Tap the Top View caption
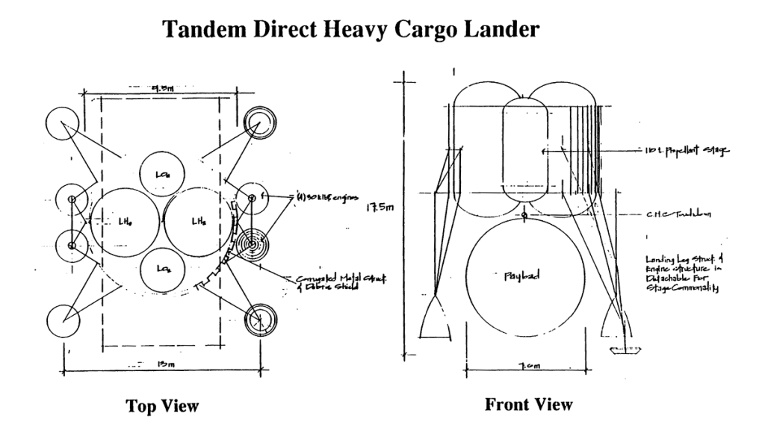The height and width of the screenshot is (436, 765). coord(162,406)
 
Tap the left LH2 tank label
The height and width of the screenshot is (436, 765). coord(124,222)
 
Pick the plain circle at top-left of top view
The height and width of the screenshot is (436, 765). coord(61,122)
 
